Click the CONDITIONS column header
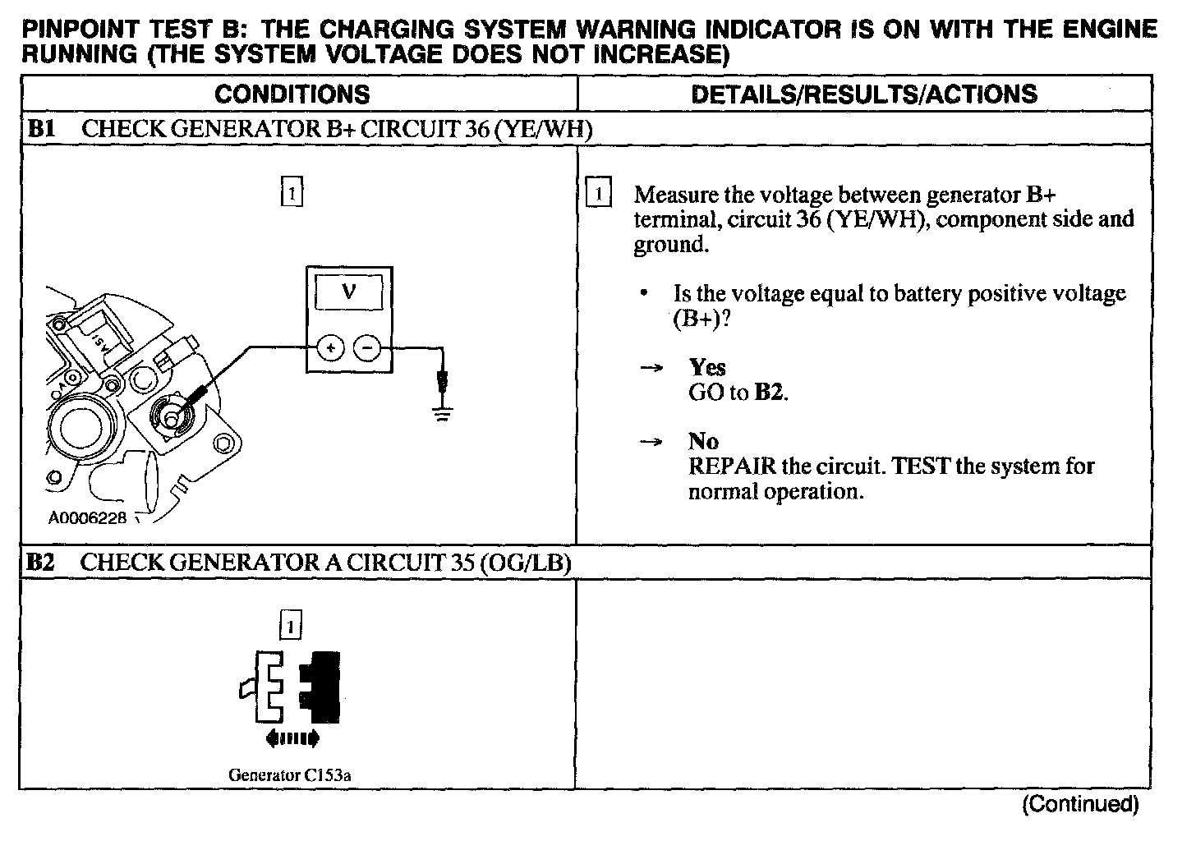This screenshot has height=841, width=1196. tap(292, 94)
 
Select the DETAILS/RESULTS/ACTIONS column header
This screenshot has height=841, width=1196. tap(863, 94)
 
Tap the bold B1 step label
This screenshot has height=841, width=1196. tap(40, 129)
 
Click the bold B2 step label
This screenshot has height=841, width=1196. tap(40, 563)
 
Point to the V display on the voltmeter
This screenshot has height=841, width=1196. tap(348, 291)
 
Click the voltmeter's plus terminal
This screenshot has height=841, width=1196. tap(330, 348)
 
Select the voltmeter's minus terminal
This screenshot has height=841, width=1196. tap(366, 348)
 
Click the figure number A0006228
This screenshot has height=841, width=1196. tap(86, 518)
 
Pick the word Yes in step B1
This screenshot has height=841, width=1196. tap(706, 367)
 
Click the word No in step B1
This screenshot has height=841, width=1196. tap(703, 441)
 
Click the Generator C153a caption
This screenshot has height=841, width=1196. tap(295, 774)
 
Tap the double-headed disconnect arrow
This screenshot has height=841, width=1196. tap(292, 739)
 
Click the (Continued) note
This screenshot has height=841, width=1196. tap(1080, 804)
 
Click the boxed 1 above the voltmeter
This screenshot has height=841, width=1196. tap(292, 193)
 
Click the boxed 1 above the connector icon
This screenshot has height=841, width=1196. tap(292, 626)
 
